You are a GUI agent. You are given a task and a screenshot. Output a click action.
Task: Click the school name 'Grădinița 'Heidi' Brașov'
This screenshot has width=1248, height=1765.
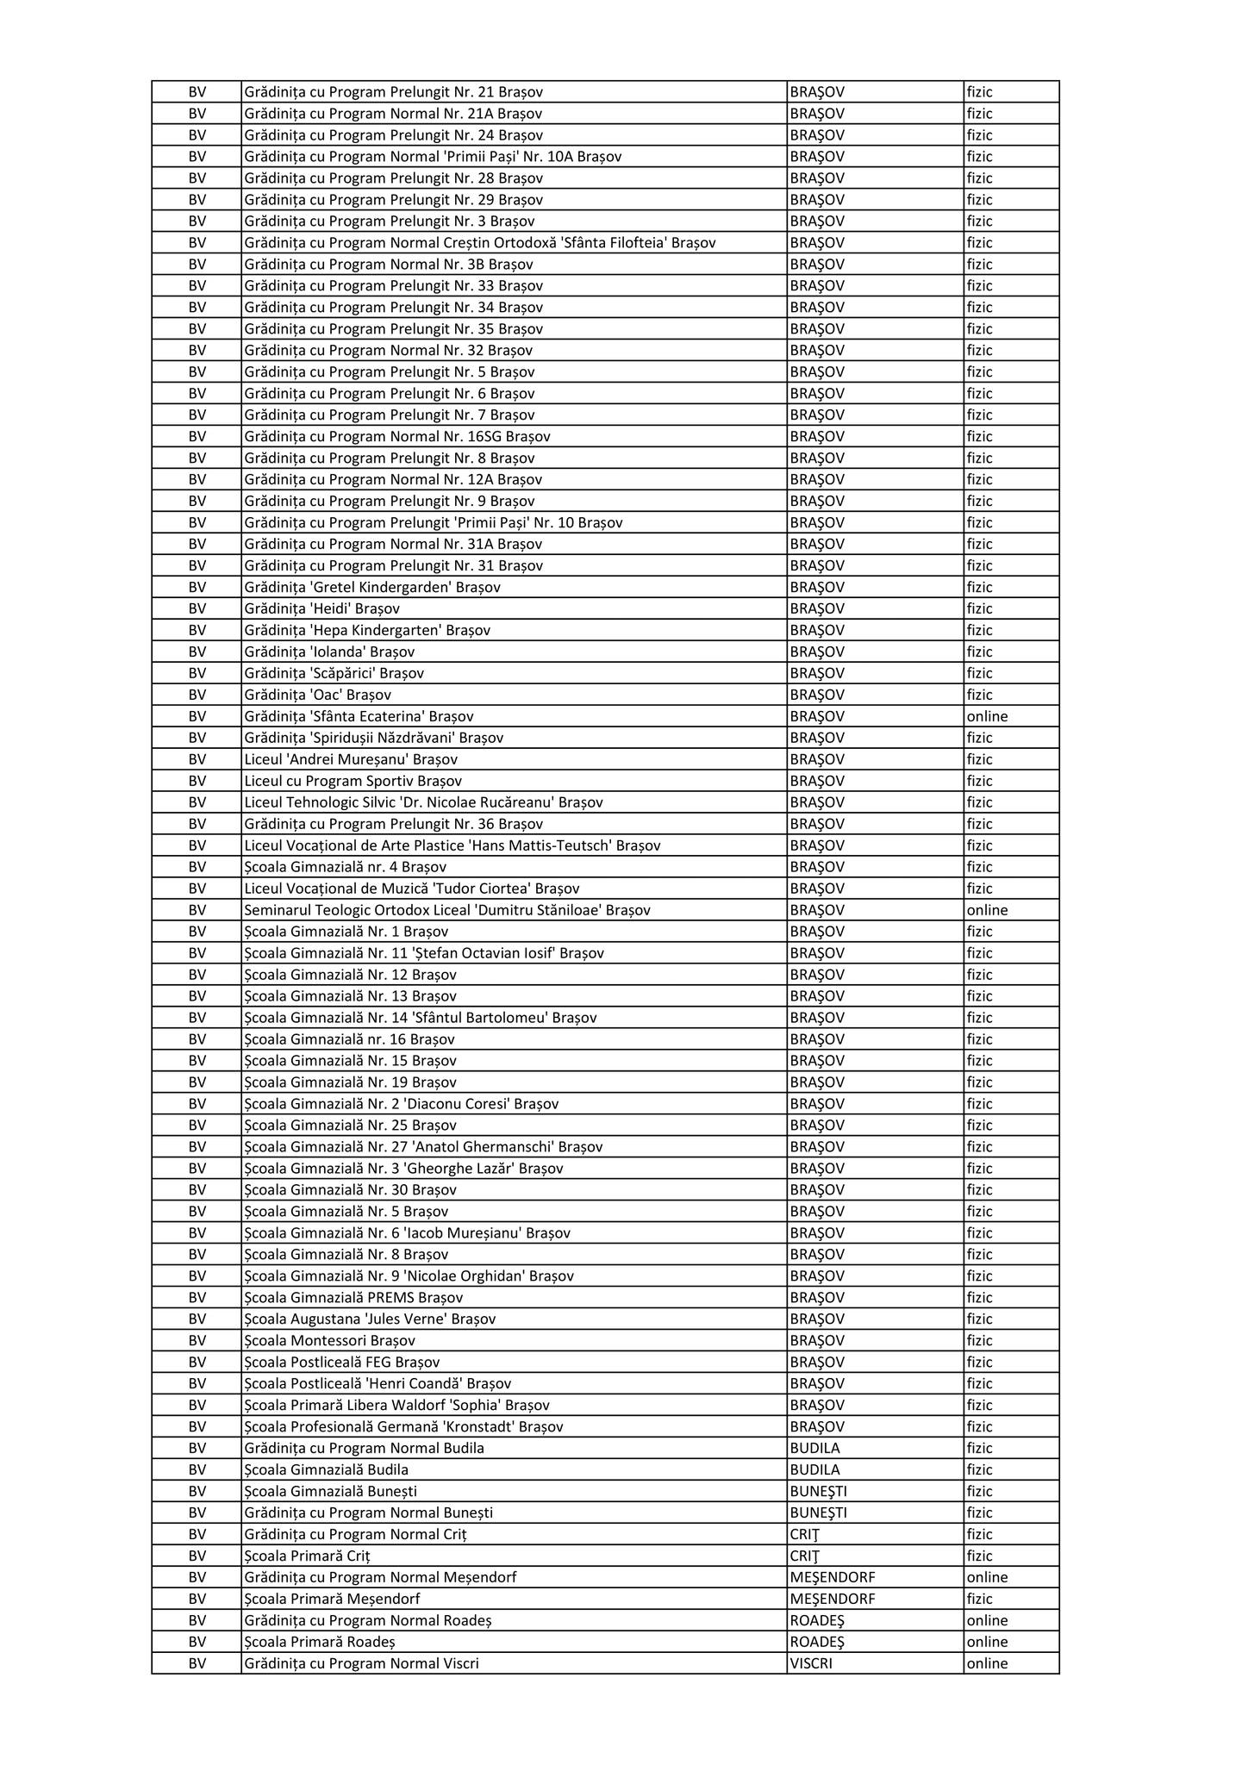321,608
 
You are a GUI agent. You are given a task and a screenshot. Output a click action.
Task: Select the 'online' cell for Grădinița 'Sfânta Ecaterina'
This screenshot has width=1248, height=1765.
987,716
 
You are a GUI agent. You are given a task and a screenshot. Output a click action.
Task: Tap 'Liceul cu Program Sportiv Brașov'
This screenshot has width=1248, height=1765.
353,781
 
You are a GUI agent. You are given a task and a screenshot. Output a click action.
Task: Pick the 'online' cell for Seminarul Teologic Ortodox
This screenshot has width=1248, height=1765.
987,910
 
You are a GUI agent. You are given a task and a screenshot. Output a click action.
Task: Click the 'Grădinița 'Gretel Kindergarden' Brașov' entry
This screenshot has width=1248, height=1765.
372,587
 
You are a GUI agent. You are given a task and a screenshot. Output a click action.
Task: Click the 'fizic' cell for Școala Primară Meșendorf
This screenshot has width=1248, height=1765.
979,1599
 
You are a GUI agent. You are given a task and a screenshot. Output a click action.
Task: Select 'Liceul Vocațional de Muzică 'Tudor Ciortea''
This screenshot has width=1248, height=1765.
412,889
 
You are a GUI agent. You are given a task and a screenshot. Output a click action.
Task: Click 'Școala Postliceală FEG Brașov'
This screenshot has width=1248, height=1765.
342,1362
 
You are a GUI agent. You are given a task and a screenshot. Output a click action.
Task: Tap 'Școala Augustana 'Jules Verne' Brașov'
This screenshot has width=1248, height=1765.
370,1319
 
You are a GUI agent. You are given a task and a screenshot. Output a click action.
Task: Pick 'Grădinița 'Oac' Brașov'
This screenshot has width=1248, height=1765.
318,695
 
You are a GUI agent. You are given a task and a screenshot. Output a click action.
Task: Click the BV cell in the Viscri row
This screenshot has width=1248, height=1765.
197,1663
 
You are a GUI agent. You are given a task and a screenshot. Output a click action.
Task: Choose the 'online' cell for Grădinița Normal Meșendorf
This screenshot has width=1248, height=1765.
987,1577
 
